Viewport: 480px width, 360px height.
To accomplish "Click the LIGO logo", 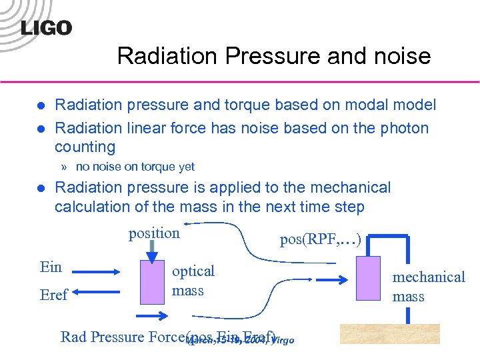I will tap(46, 28).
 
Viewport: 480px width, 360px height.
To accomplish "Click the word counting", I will tap(85, 147).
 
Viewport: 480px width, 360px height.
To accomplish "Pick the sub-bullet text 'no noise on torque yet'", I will tap(135, 167).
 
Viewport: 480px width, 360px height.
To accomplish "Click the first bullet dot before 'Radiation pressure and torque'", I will tap(40, 105).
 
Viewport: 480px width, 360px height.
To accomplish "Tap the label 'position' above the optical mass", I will tap(154, 233).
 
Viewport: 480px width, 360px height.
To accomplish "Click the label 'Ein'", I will tap(51, 267).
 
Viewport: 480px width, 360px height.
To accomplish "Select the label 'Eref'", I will tap(53, 295).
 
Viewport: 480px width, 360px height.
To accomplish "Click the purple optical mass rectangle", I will tap(153, 281).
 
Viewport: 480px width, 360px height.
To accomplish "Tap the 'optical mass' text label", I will tap(193, 281).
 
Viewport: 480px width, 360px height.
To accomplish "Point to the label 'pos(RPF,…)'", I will tap(321, 239).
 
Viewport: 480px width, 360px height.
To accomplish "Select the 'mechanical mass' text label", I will tap(429, 286).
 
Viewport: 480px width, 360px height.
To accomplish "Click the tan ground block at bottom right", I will tap(390, 333).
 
